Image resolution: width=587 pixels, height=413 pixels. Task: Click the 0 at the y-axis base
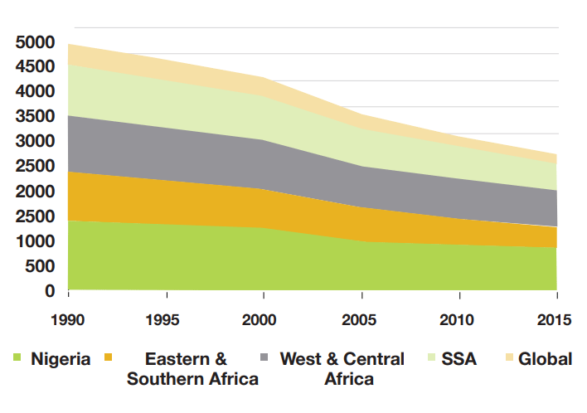coord(50,292)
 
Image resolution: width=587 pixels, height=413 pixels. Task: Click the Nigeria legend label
coord(61,359)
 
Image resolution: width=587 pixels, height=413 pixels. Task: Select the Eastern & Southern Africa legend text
coord(192,369)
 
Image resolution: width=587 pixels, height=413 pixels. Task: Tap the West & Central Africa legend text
coord(342,369)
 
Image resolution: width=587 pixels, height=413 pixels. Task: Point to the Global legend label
coord(545,359)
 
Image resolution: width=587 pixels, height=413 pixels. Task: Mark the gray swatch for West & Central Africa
coord(264,357)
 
